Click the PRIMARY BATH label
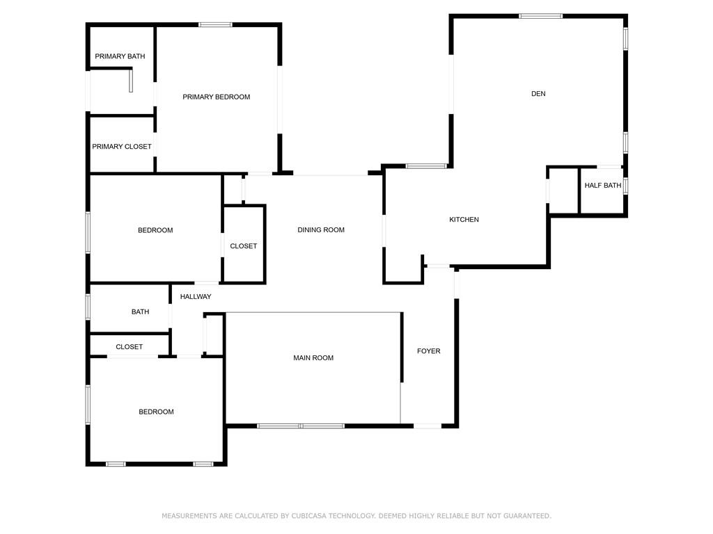click(x=120, y=56)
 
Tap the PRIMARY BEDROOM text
click(x=217, y=97)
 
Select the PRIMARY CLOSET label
click(x=122, y=146)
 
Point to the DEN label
click(x=538, y=94)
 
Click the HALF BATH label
click(x=603, y=185)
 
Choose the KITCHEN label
click(x=464, y=219)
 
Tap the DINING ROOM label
click(x=321, y=229)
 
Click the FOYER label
click(x=429, y=351)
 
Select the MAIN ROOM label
click(x=313, y=358)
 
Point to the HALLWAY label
click(x=196, y=296)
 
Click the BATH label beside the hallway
click(x=140, y=311)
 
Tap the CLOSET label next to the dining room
click(x=243, y=245)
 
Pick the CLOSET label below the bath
click(x=129, y=346)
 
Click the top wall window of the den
click(x=540, y=16)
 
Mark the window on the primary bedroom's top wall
click(x=216, y=24)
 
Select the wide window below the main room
click(x=301, y=426)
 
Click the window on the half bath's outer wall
click(x=626, y=185)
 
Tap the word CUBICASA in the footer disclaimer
click(x=308, y=516)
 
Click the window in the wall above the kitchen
click(x=426, y=166)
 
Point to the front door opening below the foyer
click(x=427, y=426)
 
